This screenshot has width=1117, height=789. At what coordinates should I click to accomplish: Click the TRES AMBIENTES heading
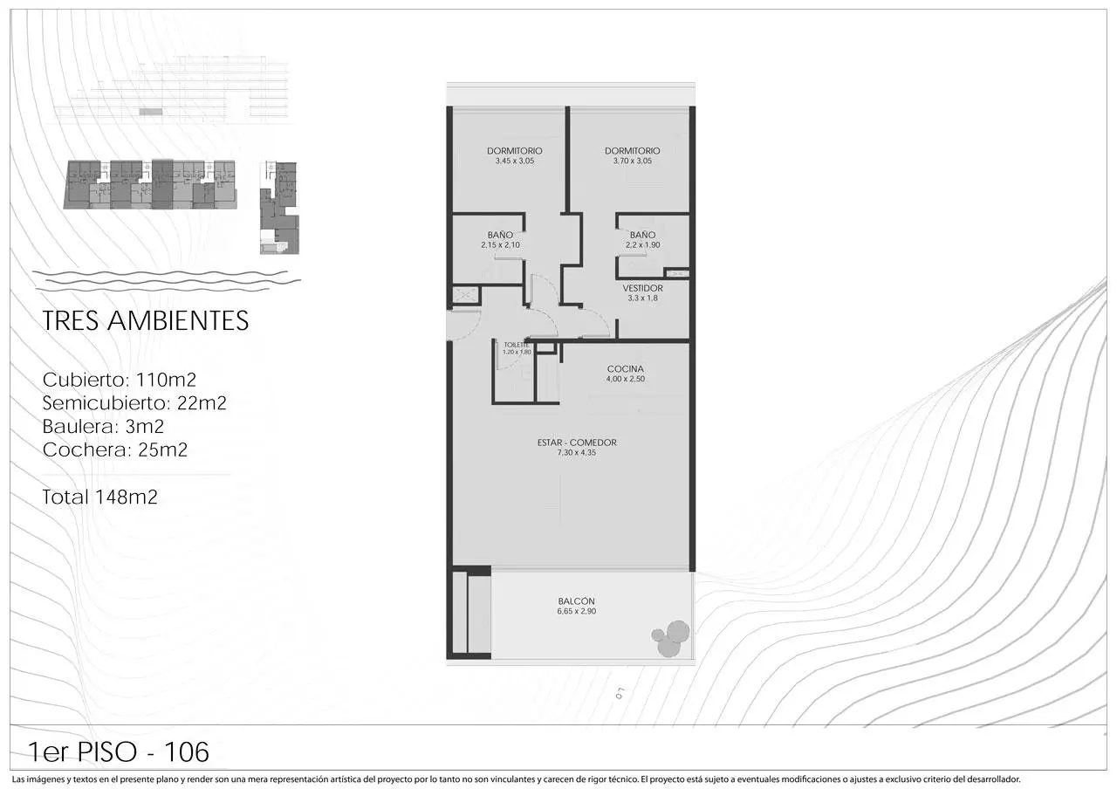tap(146, 320)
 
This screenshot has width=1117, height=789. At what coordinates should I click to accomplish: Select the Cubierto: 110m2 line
tap(120, 380)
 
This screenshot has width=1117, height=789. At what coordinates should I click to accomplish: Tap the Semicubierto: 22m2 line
tap(134, 403)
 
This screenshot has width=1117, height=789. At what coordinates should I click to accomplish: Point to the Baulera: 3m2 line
tap(103, 427)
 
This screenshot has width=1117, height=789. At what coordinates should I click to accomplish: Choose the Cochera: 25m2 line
tap(115, 449)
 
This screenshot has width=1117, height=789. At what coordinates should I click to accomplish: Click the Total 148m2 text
tap(99, 497)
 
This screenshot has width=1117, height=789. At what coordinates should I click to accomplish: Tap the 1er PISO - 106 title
tap(119, 751)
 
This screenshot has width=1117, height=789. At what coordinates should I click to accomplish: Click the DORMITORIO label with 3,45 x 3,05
tap(515, 151)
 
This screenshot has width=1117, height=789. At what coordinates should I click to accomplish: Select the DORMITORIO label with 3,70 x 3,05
tap(633, 151)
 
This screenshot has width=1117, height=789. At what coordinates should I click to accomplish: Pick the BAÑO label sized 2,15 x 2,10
tap(500, 235)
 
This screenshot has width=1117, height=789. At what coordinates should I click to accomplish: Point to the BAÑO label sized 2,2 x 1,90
tap(643, 235)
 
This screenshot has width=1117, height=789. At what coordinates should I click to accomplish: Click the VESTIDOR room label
tap(643, 288)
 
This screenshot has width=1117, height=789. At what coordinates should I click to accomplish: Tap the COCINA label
tap(626, 369)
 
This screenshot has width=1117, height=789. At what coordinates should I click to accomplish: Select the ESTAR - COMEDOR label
tap(577, 443)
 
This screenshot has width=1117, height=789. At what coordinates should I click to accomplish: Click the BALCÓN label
tap(577, 601)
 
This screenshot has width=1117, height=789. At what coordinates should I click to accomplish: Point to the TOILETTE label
tap(516, 345)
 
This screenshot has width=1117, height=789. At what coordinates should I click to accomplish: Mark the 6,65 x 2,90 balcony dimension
tap(577, 612)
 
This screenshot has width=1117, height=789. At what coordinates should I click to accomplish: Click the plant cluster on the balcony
tap(671, 638)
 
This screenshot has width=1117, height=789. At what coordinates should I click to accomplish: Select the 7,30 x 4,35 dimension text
tap(577, 453)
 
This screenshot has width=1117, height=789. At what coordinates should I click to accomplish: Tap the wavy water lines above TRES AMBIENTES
tap(167, 281)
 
